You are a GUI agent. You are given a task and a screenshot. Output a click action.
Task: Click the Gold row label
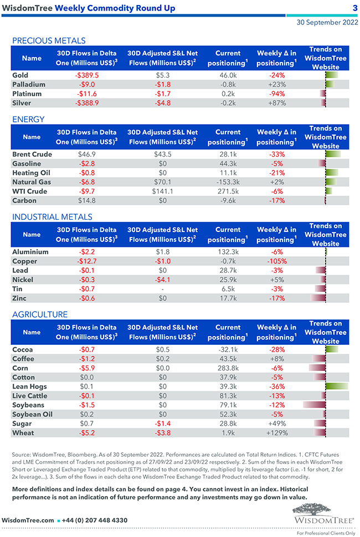[x=20, y=75]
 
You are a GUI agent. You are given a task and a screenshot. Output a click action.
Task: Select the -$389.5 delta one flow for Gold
[x=86, y=75]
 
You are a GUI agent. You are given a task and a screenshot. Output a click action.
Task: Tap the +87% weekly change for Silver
[x=276, y=104]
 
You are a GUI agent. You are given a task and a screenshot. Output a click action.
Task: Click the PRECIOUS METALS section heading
[x=49, y=40]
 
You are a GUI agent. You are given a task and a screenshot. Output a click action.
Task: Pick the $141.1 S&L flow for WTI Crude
[x=162, y=192]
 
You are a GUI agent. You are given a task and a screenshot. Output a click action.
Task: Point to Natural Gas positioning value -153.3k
[x=228, y=182]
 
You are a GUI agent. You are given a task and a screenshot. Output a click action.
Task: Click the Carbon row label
[x=24, y=201]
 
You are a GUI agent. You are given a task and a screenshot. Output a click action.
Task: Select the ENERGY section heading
[x=28, y=119]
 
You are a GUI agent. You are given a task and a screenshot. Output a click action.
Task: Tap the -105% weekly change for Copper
[x=276, y=261]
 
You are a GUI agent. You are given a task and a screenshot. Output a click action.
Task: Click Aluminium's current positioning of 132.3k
[x=228, y=252]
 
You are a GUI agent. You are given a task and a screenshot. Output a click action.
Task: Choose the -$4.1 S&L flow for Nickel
[x=162, y=280]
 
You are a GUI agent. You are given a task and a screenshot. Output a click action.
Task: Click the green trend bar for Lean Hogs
[x=337, y=386]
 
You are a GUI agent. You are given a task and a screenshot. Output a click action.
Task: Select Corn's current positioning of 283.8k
[x=228, y=368]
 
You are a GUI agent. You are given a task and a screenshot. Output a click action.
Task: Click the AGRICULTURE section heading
[x=40, y=314]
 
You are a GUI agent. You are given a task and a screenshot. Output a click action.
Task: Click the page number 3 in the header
[x=354, y=8]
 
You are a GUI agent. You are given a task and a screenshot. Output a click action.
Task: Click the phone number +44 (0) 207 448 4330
[x=94, y=520]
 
